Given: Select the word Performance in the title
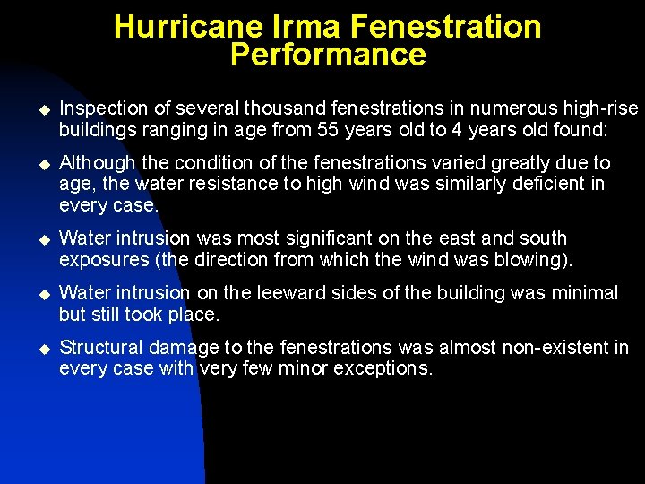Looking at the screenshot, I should (x=328, y=56).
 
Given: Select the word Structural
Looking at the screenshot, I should (x=98, y=348).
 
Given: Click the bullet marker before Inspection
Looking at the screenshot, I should (x=39, y=109).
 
